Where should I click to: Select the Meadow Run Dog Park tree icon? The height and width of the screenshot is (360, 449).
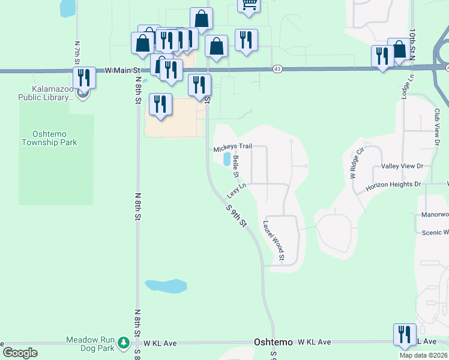(x=124, y=343)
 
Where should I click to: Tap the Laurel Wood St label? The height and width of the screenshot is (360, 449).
(x=273, y=242)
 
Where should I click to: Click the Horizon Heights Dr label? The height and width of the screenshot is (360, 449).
(x=394, y=185)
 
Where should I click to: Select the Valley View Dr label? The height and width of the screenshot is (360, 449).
(x=402, y=166)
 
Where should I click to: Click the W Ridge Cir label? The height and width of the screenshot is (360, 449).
(x=358, y=166)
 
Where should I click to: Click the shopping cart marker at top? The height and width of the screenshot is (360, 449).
(x=249, y=5)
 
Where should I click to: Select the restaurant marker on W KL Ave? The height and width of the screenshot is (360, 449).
(x=405, y=334)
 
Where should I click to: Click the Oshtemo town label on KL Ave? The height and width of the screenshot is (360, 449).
(x=273, y=342)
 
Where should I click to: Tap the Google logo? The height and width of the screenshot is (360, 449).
(x=20, y=353)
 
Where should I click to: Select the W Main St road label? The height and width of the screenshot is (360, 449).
(x=118, y=70)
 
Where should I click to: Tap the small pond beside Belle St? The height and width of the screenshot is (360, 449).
(x=227, y=159)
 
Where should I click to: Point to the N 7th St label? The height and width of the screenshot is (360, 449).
(x=77, y=53)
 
